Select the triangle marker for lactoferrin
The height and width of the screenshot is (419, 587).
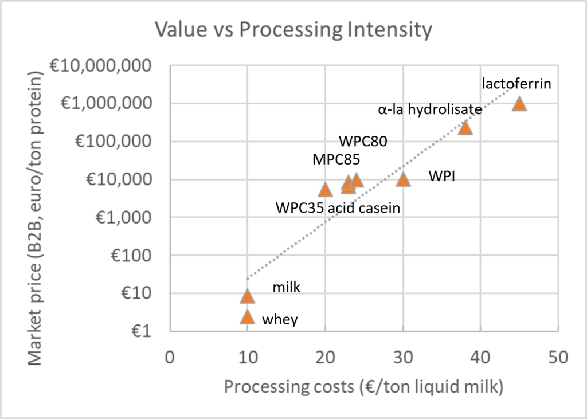pyautogui.click(x=519, y=104)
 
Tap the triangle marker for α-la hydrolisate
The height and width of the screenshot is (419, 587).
pyautogui.click(x=465, y=128)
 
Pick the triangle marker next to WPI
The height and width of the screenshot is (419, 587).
pyautogui.click(x=403, y=179)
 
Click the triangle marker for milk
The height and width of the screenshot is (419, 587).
pyautogui.click(x=247, y=296)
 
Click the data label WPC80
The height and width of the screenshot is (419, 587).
pyautogui.click(x=363, y=140)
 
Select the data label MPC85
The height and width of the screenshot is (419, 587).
pyautogui.click(x=336, y=159)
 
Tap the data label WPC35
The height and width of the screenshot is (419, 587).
pyautogui.click(x=300, y=207)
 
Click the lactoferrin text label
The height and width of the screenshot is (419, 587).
pyautogui.click(x=516, y=84)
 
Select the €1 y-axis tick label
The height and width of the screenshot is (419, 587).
pyautogui.click(x=145, y=332)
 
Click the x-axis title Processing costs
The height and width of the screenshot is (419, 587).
pyautogui.click(x=363, y=387)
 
